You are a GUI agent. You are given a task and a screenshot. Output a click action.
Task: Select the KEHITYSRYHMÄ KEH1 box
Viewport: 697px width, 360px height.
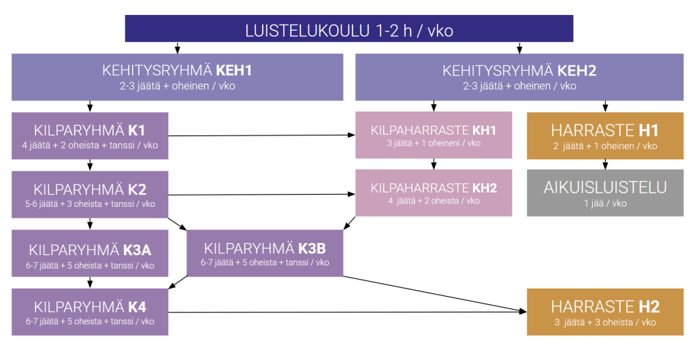(177, 77)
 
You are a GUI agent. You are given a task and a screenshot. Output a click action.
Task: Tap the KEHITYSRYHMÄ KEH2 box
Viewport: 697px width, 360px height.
(519, 77)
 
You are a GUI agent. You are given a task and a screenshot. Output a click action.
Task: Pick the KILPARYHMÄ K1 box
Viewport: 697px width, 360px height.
(90, 135)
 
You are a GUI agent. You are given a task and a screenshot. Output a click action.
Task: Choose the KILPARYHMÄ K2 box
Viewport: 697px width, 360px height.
(90, 195)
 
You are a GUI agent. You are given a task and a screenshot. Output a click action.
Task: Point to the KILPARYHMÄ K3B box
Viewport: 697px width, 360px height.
(265, 253)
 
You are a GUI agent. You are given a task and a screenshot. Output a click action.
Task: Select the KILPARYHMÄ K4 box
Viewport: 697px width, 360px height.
(90, 312)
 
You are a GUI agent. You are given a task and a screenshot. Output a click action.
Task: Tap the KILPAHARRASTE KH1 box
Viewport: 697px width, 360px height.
(434, 135)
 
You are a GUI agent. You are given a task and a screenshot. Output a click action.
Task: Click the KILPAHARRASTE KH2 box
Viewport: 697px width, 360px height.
(434, 193)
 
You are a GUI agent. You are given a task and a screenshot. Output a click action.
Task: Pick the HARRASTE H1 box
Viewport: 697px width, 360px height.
(605, 135)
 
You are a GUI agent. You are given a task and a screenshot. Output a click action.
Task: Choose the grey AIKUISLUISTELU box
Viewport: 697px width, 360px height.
(605, 193)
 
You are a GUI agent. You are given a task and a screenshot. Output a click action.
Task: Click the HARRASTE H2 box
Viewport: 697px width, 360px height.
(605, 312)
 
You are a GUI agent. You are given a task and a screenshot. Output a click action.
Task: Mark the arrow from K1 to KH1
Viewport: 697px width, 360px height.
(262, 135)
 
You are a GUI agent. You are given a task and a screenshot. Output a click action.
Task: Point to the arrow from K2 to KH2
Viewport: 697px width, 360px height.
(262, 195)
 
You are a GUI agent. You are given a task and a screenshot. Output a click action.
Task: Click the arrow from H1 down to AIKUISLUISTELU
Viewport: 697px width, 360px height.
(605, 165)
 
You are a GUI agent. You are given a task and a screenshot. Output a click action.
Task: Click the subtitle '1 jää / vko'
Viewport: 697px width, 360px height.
(605, 203)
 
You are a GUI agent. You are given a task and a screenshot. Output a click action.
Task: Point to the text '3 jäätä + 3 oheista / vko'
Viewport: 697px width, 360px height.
(605, 322)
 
